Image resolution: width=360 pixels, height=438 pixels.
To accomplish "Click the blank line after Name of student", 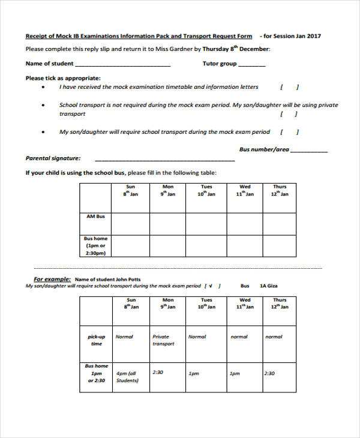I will click(123, 64).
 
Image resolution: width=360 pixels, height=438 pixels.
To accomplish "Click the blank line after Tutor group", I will click(252, 64).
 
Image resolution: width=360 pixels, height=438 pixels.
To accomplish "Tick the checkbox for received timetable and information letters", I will click(289, 87).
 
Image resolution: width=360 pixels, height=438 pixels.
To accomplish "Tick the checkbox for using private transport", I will click(289, 114).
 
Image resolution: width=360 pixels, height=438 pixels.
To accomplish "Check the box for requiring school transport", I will click(289, 132).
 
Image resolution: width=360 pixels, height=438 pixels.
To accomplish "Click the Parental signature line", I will click(165, 159).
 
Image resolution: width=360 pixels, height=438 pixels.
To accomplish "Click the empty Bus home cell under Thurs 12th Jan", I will click(280, 245).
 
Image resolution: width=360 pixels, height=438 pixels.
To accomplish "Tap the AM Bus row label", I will click(95, 217).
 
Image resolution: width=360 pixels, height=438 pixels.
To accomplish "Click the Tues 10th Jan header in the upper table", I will click(206, 191).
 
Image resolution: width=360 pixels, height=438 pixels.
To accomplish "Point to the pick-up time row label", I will click(96, 340).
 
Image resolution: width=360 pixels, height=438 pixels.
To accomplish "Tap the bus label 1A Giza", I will click(268, 286).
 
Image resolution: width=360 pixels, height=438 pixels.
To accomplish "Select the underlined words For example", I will click(52, 279).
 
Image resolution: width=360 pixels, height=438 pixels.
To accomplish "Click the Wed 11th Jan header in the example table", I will click(245, 304).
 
